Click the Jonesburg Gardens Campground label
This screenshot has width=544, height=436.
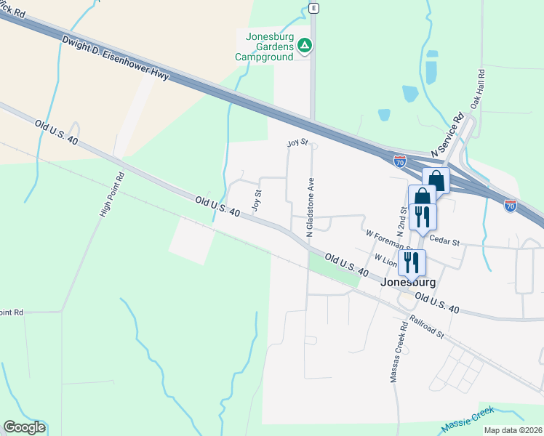[265, 44]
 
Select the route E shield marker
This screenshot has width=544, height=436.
[313, 8]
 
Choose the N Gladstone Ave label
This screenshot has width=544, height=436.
[310, 209]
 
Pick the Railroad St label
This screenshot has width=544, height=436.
[427, 326]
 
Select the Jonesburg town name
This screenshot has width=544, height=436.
[408, 283]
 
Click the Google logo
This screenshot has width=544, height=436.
[24, 427]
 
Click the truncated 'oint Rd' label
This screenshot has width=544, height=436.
[12, 312]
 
